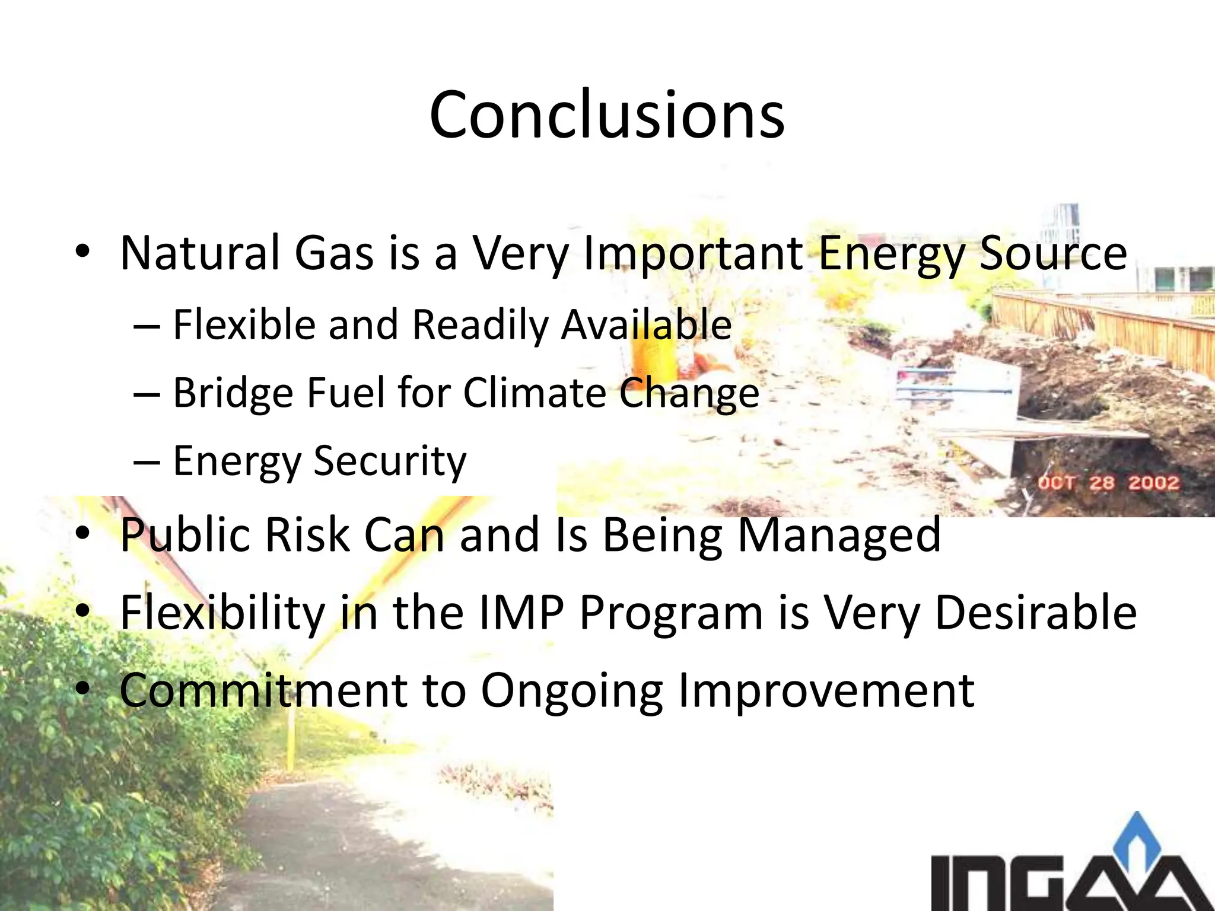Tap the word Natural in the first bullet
[199, 253]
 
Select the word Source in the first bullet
[1052, 253]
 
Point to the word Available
[647, 325]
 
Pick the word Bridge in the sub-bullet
[233, 393]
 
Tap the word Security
[390, 461]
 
